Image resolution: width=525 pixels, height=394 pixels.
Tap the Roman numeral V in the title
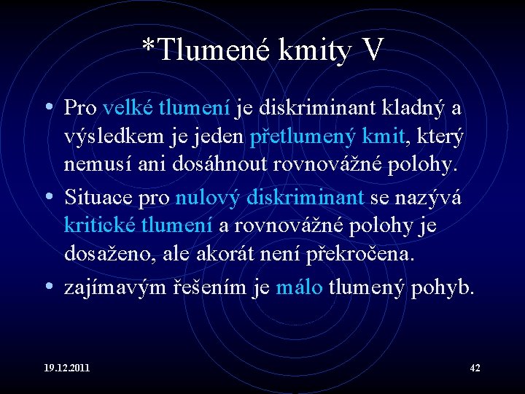[371, 50]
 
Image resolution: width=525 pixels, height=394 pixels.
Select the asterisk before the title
[148, 45]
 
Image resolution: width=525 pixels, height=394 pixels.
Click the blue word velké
[128, 108]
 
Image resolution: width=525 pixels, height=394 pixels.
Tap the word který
[440, 137]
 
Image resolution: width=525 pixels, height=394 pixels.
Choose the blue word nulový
[208, 196]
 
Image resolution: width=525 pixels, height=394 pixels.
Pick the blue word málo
[299, 287]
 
